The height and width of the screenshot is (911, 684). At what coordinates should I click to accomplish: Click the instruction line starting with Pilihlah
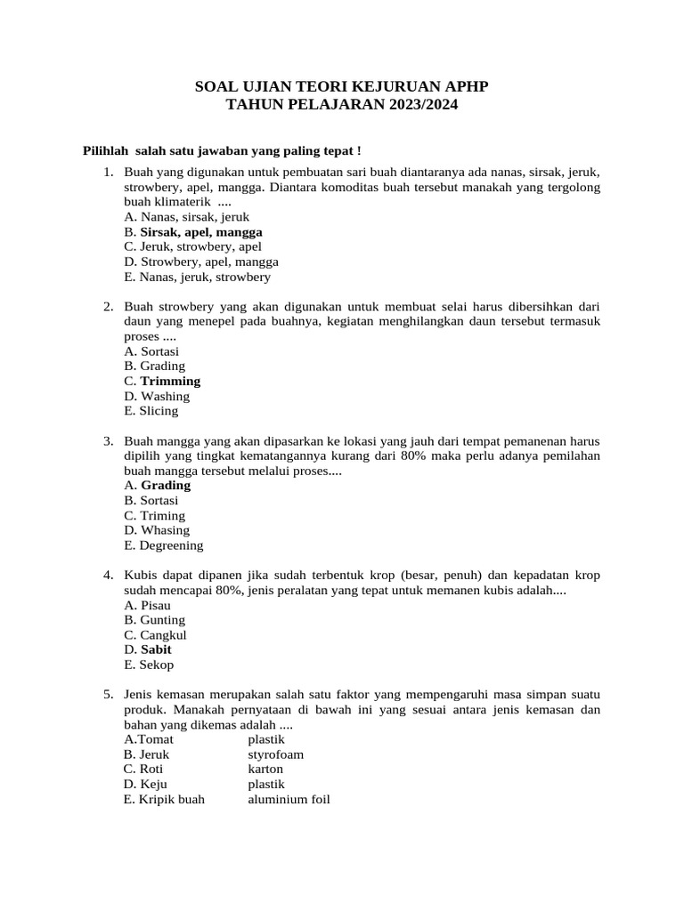222,151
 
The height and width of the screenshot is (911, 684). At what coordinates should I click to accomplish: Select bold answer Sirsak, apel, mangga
201,231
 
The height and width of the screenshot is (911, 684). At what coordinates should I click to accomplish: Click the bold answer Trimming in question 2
170,381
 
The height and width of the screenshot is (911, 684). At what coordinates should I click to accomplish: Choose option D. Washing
157,396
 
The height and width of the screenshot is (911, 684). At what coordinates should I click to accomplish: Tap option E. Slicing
151,411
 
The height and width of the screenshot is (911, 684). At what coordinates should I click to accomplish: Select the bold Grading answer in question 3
166,486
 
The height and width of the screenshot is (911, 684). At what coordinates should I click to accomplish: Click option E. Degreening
164,545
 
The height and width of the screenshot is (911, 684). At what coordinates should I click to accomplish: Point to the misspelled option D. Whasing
157,530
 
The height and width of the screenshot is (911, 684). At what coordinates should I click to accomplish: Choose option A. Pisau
149,605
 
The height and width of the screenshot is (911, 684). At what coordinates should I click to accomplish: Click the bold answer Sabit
156,649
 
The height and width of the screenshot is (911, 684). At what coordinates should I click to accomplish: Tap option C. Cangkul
155,635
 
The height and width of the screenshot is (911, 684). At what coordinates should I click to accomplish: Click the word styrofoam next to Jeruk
275,754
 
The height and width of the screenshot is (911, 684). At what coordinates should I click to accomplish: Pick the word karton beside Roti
265,769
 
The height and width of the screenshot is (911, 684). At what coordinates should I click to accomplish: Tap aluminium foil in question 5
289,799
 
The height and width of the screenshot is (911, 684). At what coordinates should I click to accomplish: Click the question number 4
108,576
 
